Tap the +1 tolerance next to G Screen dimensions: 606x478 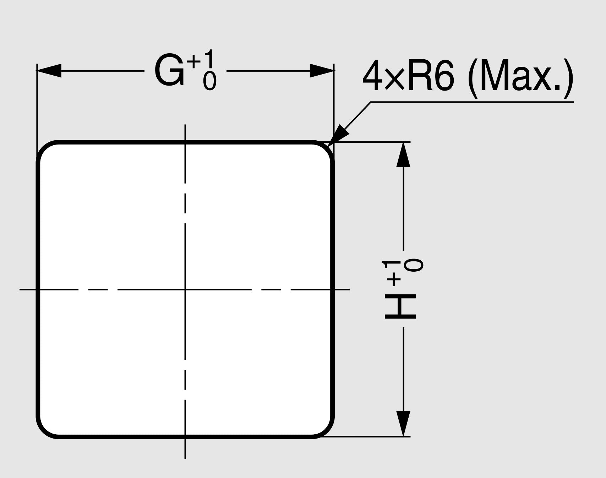click(201, 60)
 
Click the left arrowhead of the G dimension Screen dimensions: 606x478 click(49, 71)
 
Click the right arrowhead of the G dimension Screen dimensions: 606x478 click(322, 71)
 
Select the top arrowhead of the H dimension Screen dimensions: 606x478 click(403, 154)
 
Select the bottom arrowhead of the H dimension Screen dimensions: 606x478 click(403, 424)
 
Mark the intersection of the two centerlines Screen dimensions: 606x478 click(185, 289)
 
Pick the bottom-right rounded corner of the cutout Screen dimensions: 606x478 click(326, 430)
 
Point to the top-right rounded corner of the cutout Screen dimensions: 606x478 click(326, 149)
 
